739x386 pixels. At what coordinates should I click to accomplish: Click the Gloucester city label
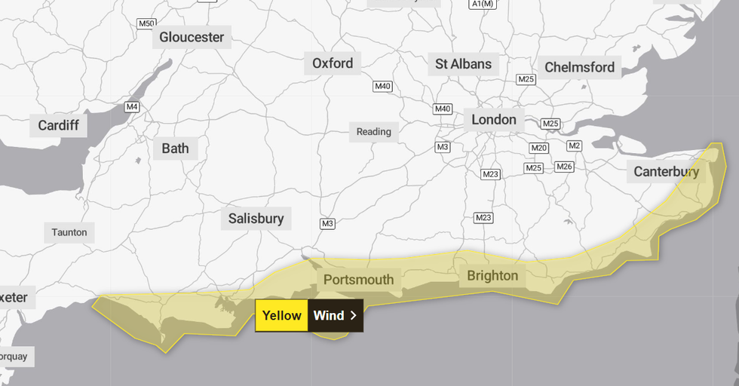(192, 37)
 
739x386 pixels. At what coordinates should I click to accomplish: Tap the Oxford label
(333, 63)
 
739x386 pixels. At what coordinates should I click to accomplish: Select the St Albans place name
(463, 64)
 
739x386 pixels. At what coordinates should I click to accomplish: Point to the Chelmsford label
(579, 67)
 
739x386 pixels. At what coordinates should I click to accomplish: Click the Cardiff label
(58, 125)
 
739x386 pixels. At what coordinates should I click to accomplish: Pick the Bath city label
(175, 148)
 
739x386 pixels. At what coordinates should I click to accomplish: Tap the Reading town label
(374, 132)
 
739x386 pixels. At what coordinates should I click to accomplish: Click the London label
(494, 120)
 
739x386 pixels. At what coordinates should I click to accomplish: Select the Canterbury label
(666, 172)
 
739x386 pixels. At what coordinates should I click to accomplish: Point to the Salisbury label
(256, 219)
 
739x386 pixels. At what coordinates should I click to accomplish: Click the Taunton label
(69, 232)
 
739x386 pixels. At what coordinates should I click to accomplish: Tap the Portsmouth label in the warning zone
(359, 280)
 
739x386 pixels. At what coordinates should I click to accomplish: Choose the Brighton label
(492, 275)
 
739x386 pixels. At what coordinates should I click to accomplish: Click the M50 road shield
(146, 23)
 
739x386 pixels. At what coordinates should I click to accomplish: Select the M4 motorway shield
(132, 107)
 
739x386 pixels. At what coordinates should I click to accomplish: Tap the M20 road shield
(538, 148)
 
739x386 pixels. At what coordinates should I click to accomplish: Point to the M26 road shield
(564, 167)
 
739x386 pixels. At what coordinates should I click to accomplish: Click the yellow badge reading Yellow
(281, 316)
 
